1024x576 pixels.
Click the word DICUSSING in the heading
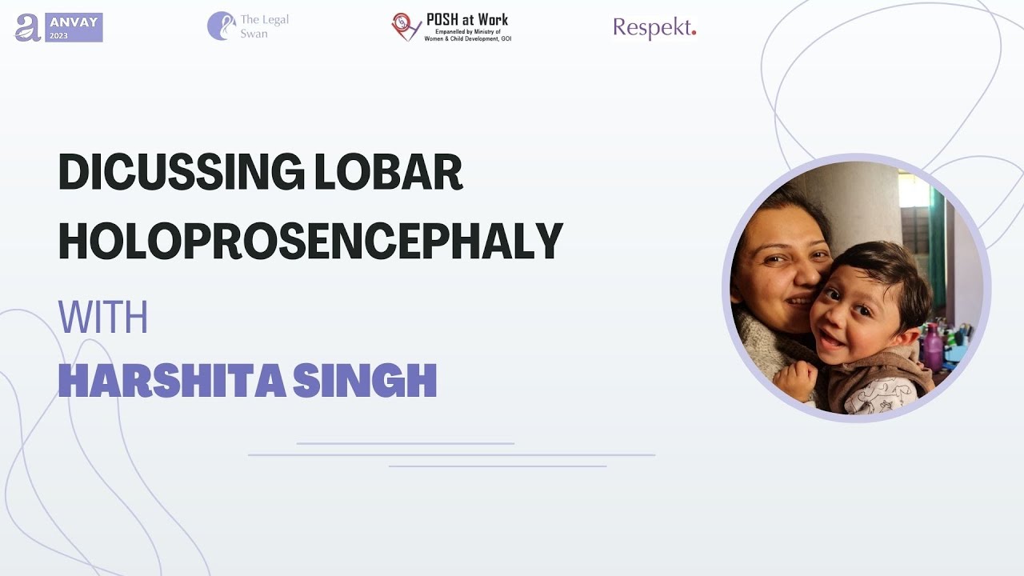tap(182, 172)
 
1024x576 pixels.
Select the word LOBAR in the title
tap(389, 172)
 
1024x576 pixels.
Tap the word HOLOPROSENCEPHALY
tap(310, 242)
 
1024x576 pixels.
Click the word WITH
tap(103, 317)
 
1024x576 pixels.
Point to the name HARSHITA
tap(172, 380)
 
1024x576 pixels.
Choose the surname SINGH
tap(365, 380)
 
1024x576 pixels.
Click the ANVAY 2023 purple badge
tap(74, 27)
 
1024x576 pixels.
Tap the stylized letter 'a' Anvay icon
tap(28, 28)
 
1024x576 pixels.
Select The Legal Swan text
tap(264, 26)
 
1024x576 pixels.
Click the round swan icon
tap(222, 26)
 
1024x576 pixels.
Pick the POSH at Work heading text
tap(466, 20)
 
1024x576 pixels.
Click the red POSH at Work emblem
tap(406, 26)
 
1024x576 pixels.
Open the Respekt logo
tap(654, 28)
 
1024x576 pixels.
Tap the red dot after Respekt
tap(694, 32)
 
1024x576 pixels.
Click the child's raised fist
tap(795, 380)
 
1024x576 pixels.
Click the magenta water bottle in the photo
tap(932, 346)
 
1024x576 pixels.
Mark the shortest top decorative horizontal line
tap(406, 443)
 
